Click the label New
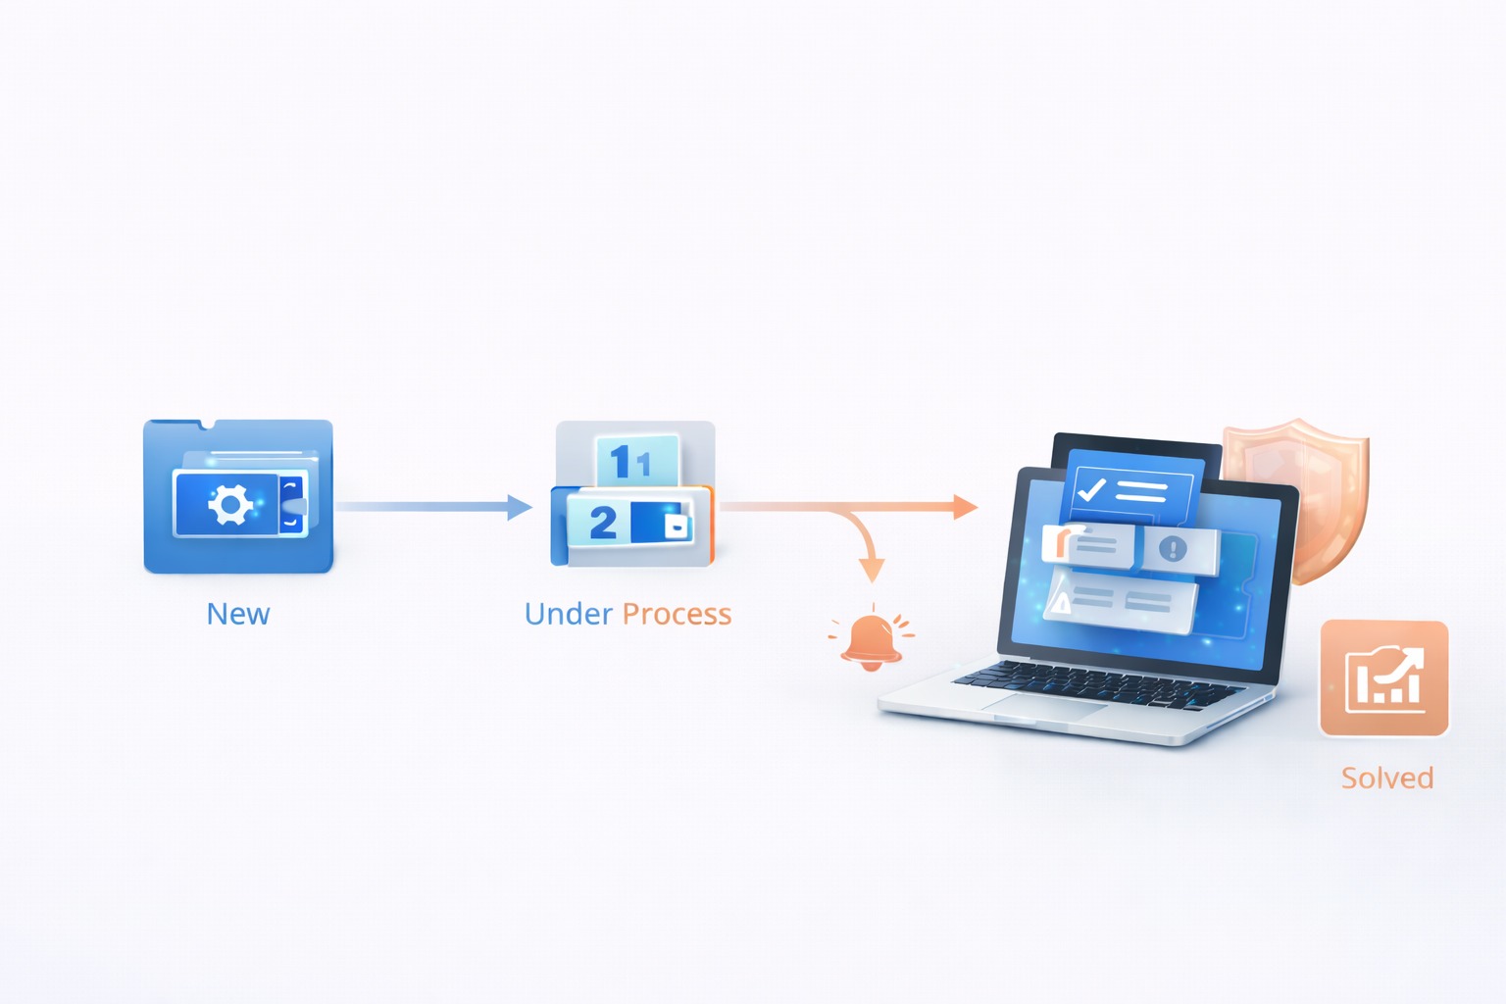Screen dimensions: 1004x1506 point(238,614)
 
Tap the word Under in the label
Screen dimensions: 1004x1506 point(568,614)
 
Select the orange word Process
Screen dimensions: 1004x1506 point(677,614)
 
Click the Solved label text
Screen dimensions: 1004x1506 point(1386,778)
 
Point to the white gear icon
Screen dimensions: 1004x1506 point(229,504)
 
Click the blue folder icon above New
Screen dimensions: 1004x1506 point(238,496)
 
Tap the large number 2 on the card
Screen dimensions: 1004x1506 point(603,522)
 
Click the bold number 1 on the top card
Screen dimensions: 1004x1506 point(621,461)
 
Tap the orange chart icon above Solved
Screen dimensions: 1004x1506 point(1383,678)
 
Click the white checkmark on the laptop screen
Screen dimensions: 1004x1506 point(1091,489)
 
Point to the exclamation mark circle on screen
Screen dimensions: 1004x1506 point(1173,548)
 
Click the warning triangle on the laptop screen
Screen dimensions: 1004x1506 point(1060,603)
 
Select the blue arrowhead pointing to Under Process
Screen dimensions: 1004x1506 point(520,507)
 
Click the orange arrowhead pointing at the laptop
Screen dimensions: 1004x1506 point(965,507)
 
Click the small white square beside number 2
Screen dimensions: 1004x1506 point(677,527)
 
